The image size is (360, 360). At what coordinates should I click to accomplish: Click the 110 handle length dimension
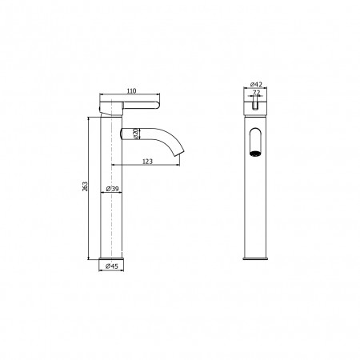tap(131, 91)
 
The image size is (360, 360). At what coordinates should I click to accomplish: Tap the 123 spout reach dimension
tap(147, 162)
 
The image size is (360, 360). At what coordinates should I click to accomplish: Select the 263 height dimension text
tap(85, 186)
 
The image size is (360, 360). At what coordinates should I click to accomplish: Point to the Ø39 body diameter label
tap(112, 189)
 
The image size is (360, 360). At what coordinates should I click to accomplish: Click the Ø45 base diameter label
tap(111, 266)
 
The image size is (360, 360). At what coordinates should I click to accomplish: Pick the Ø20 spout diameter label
tap(135, 134)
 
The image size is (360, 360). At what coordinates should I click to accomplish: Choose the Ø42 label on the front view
tap(256, 84)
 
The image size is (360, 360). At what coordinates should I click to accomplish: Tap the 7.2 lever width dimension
tap(256, 93)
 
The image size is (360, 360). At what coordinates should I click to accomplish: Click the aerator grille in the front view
tap(255, 154)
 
